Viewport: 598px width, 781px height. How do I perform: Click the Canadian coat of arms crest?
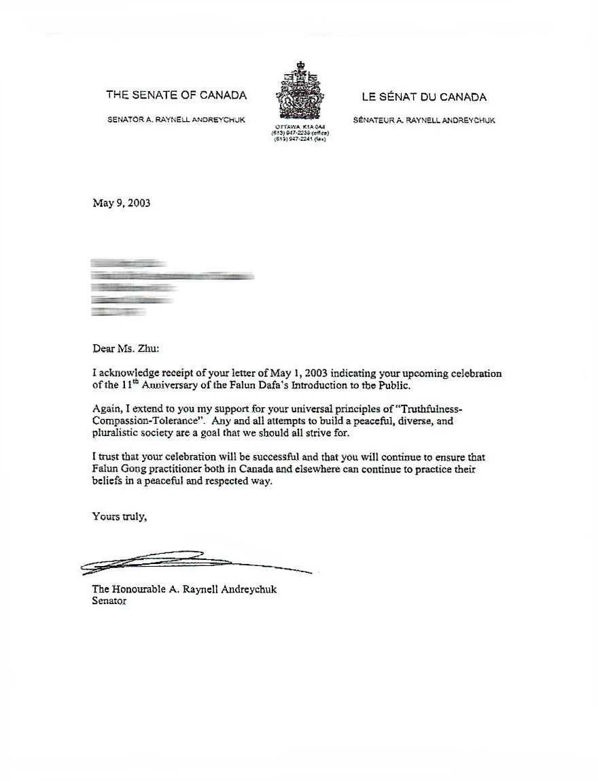coord(299,92)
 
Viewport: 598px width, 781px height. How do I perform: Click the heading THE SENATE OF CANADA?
coord(176,96)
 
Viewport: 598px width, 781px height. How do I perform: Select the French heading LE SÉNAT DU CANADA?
coord(423,97)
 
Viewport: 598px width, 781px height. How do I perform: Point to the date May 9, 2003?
coord(121,203)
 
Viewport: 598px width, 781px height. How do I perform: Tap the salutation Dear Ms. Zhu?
coord(125,349)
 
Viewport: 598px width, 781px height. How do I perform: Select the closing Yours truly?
coord(119,516)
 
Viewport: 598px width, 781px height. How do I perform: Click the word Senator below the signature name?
coord(109,601)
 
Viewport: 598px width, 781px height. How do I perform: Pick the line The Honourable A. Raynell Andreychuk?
coord(184,590)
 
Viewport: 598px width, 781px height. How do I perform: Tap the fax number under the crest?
coord(299,139)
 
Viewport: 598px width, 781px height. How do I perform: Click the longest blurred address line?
coord(173,276)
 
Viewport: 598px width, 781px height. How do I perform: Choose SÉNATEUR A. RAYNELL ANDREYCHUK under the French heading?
coord(424,120)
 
